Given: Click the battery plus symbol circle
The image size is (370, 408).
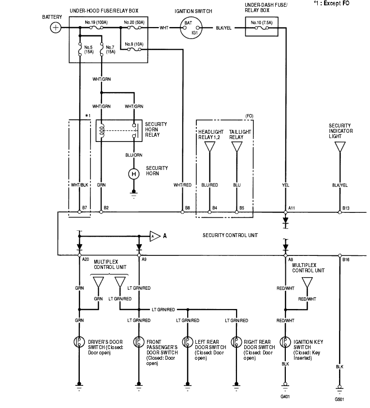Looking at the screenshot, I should (56, 28).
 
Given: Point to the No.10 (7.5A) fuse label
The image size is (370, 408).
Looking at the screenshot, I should (260, 22).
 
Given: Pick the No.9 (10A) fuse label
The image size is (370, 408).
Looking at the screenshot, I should (133, 44).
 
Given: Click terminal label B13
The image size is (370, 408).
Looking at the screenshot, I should (346, 208).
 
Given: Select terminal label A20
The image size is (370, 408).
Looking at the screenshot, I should (86, 259).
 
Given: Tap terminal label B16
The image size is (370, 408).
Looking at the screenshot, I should (346, 259).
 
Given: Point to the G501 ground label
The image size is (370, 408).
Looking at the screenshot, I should (340, 399).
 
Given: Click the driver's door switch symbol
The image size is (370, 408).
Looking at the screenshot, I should (78, 342).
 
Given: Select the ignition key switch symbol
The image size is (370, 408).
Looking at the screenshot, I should (285, 342).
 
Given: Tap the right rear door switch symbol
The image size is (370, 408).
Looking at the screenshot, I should (236, 342).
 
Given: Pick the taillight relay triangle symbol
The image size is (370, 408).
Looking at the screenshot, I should (237, 147).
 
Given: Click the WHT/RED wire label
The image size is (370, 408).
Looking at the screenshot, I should (182, 184).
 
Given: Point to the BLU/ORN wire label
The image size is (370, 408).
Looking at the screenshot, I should (134, 155).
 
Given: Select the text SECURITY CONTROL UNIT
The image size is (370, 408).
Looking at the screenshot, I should (230, 235).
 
